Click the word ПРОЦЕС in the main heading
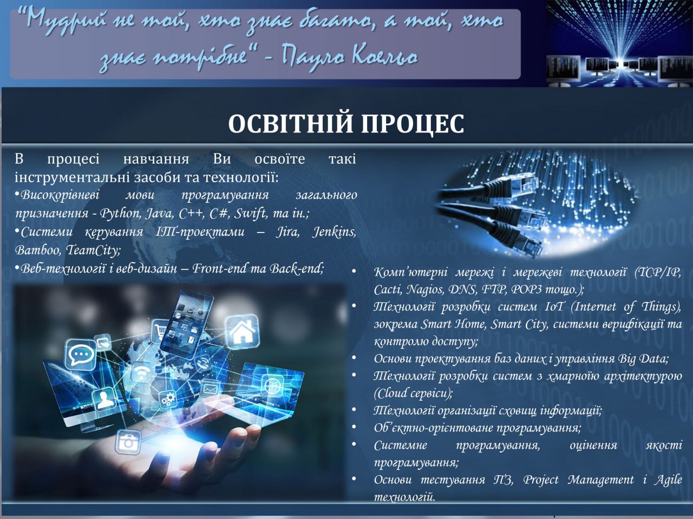click(x=413, y=123)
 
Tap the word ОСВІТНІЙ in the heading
click(x=290, y=123)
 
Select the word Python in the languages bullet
click(x=120, y=214)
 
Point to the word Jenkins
click(x=334, y=232)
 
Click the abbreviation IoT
click(x=554, y=307)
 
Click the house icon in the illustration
click(x=242, y=331)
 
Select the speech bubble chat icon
click(x=80, y=355)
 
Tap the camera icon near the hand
click(x=128, y=442)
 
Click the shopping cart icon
click(x=160, y=331)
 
